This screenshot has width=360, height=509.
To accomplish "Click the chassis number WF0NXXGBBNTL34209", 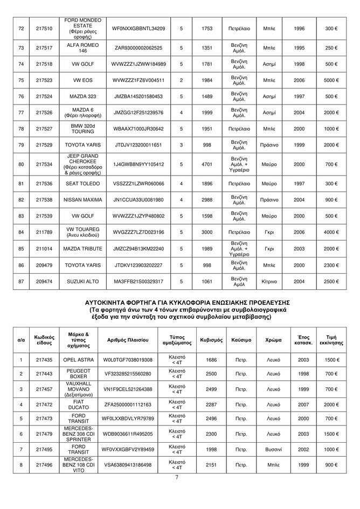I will point(139,28).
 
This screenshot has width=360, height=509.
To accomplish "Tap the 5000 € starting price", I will point(331,81).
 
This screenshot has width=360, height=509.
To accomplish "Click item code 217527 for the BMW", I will point(44,129).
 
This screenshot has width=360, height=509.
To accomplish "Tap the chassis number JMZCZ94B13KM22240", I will point(139,249).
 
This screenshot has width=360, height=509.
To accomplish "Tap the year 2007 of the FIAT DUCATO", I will point(303,403).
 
